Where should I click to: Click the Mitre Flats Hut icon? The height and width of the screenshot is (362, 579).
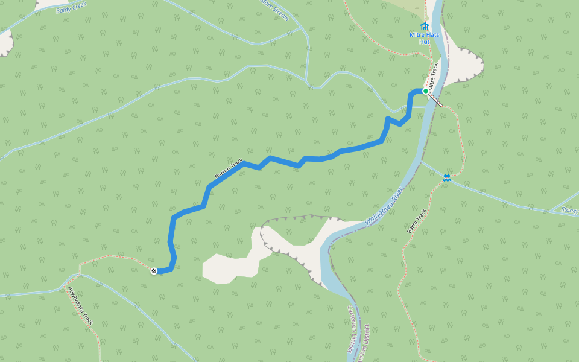pyautogui.click(x=425, y=26)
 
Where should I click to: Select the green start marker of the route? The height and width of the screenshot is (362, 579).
pyautogui.click(x=425, y=91)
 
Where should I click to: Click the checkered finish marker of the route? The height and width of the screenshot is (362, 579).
pyautogui.click(x=154, y=271)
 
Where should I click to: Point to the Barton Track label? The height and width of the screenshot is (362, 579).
pyautogui.click(x=229, y=168)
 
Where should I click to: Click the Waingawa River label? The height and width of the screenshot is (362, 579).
pyautogui.click(x=384, y=208)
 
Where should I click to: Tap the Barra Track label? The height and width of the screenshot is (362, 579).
pyautogui.click(x=417, y=221)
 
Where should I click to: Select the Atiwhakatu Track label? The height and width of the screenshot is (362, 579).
pyautogui.click(x=80, y=306)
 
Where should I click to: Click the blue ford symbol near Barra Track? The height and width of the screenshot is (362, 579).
pyautogui.click(x=446, y=177)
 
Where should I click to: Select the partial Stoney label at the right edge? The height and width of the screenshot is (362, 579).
pyautogui.click(x=570, y=211)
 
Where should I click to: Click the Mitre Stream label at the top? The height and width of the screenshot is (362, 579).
pyautogui.click(x=274, y=9)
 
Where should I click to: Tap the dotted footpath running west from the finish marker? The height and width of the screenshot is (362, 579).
pyautogui.click(x=115, y=259)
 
